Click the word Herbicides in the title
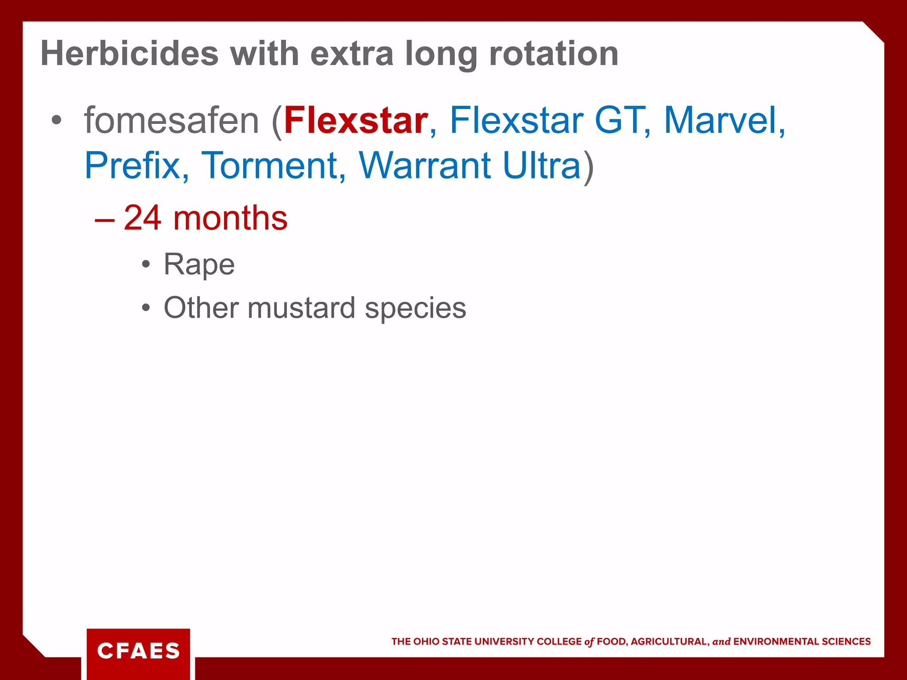129,54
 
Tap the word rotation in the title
554,54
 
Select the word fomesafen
171,120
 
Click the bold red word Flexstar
356,120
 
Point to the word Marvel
721,120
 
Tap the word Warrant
425,166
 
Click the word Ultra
542,166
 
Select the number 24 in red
142,218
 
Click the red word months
230,218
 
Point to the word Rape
199,265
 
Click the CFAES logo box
138,651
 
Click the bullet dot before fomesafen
56,120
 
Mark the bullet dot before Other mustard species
146,308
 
